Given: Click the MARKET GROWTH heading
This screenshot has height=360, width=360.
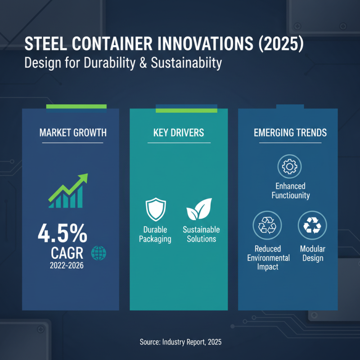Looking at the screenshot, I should (x=73, y=133).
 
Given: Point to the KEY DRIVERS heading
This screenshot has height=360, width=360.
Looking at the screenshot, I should (x=179, y=133).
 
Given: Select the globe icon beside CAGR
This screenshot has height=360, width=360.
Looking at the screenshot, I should (x=99, y=253).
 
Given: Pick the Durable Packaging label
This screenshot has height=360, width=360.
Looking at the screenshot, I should (x=155, y=234).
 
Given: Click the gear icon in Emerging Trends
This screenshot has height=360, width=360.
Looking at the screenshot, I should (x=289, y=166).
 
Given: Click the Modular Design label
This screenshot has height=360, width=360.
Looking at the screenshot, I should (x=312, y=253).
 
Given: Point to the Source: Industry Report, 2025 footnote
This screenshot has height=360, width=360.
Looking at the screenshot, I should (x=180, y=342).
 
